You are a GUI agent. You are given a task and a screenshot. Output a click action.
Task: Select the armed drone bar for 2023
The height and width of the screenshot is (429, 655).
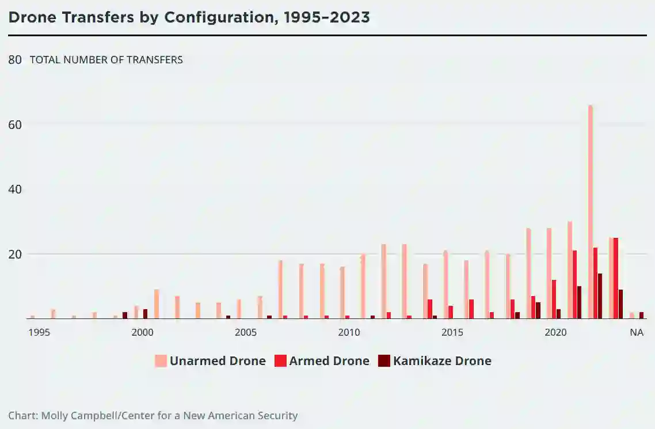616,278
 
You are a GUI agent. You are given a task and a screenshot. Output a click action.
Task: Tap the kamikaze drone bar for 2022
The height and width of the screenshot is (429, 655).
600,296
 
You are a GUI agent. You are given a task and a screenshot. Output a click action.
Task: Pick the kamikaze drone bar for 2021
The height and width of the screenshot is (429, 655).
579,302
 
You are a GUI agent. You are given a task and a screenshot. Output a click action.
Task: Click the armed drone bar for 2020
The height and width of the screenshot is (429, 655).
554,299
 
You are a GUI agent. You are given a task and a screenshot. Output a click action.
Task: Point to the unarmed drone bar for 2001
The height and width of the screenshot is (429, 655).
157,304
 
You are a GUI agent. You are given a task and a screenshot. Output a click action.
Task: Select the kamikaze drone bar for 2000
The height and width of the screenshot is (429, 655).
145,314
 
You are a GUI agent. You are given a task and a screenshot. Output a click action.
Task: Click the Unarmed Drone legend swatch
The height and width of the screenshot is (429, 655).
161,361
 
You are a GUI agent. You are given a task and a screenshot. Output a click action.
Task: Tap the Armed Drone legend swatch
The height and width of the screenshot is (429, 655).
280,361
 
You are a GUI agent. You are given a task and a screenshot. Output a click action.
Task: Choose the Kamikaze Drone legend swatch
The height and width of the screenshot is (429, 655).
384,361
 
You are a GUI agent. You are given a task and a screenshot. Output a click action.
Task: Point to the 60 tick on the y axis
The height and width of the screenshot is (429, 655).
15,124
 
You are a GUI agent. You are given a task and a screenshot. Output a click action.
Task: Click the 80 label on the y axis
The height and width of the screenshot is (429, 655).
15,59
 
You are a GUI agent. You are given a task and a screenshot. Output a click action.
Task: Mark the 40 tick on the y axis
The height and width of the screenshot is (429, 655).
15,189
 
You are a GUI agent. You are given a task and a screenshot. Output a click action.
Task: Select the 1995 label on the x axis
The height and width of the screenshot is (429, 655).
39,332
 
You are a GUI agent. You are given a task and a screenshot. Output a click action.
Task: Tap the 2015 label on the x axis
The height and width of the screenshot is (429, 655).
452,332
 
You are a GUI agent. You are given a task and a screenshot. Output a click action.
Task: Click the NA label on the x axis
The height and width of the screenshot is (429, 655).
636,332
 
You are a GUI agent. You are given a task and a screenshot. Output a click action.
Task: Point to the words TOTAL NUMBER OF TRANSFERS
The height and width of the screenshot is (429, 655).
106,59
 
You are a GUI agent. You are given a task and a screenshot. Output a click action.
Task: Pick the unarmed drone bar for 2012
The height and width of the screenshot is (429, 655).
383,282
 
